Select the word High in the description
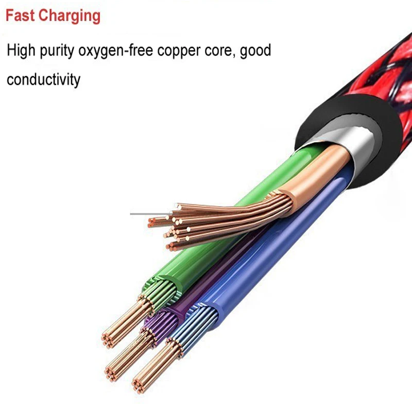pos(23,51)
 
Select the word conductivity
pos(44,80)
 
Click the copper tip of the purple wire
pos(124,360)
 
